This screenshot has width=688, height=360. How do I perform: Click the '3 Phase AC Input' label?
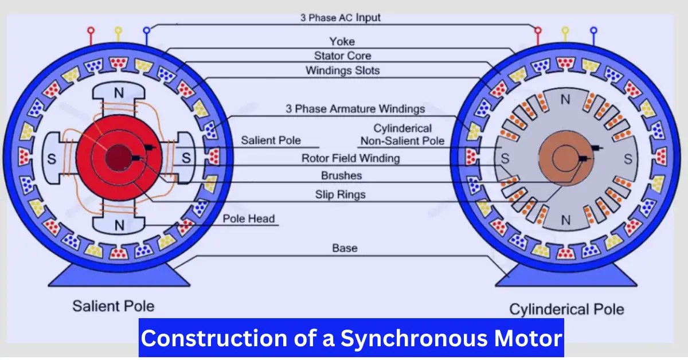(x=341, y=17)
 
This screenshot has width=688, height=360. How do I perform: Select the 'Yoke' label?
(x=342, y=41)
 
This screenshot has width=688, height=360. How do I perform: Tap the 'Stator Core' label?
(x=342, y=56)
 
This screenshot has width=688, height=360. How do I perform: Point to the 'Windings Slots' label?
(x=342, y=71)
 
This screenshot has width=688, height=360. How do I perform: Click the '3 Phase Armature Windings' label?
(x=355, y=108)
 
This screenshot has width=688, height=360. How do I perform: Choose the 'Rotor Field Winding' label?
(x=351, y=158)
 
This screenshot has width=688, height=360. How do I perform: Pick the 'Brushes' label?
(x=341, y=175)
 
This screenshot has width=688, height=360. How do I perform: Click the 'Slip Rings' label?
(x=340, y=194)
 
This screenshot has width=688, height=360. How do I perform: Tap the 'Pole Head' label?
(x=249, y=218)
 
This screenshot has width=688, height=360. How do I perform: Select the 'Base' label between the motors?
(x=345, y=248)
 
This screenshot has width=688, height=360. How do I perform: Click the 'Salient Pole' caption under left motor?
(x=113, y=306)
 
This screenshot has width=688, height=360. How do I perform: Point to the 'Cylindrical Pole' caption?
(x=566, y=310)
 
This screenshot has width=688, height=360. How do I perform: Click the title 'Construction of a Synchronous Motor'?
(x=351, y=338)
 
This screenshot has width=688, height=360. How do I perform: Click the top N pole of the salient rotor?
(x=119, y=93)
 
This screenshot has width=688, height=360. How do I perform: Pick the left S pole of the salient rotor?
(x=51, y=159)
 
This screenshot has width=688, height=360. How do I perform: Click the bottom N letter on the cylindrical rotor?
(x=566, y=220)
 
